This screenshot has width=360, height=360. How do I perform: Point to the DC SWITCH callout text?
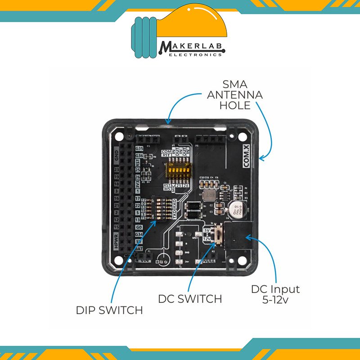click(x=190, y=298)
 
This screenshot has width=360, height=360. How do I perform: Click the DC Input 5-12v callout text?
click(x=275, y=293)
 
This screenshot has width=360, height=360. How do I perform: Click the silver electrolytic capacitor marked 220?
click(x=237, y=210)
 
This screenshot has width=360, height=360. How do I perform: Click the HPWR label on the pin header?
click(x=116, y=243)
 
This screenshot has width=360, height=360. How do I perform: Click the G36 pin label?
click(x=139, y=156)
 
